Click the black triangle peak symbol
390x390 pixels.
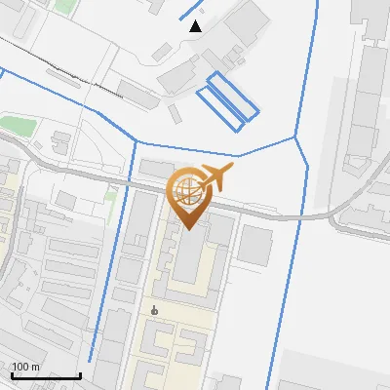click(x=196, y=26)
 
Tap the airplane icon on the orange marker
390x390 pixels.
click(x=214, y=178)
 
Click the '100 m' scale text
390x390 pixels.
click(x=25, y=368)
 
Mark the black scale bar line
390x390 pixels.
click(x=45, y=375)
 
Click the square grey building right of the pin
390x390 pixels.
click(x=254, y=245)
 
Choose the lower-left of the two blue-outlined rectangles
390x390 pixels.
click(x=220, y=106)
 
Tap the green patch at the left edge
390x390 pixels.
click(x=17, y=126)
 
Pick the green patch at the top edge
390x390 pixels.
click(x=64, y=6)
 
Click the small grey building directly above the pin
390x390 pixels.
click(x=156, y=169)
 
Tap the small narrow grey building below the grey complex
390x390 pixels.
click(x=175, y=112)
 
